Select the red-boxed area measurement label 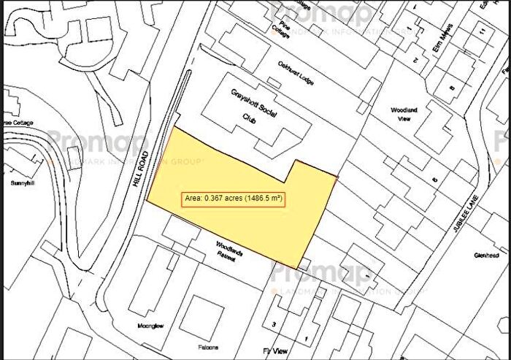click(x=232, y=198)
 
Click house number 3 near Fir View click(x=274, y=323)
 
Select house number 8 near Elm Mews click(x=452, y=88)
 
